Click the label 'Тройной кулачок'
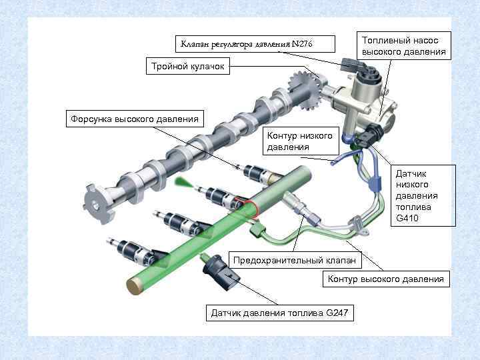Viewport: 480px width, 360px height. (187, 66)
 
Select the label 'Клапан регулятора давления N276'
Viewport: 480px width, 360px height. (255, 44)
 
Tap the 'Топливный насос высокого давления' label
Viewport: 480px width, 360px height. (404, 45)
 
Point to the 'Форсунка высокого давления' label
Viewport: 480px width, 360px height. (135, 119)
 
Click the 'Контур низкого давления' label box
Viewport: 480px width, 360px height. (301, 141)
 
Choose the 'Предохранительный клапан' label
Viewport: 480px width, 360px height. (295, 260)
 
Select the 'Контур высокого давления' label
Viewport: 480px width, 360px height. (386, 279)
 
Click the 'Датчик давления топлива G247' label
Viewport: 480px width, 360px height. (280, 313)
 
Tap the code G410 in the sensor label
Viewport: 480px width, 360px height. (407, 218)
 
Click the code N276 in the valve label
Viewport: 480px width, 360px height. (302, 44)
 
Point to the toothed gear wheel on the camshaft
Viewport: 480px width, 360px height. (304, 91)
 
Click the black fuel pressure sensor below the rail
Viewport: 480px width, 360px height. (221, 272)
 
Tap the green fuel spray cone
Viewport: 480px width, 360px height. (184, 183)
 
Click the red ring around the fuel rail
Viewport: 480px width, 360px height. (250, 207)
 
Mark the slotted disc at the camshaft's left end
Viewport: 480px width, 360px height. (97, 203)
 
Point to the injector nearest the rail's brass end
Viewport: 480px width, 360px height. (138, 251)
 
